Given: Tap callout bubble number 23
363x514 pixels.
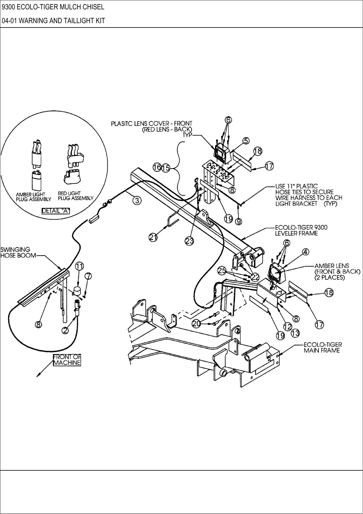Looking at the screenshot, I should click(x=190, y=241).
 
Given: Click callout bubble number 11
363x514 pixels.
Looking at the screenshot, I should click(x=80, y=266).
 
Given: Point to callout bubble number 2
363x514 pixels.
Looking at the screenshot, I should click(x=66, y=330).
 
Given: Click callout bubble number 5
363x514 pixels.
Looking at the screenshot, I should click(x=246, y=141).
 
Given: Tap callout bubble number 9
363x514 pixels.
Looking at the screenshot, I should click(x=239, y=222).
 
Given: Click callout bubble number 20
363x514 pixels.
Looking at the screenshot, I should click(x=197, y=323).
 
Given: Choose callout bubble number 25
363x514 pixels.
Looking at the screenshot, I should click(x=222, y=271).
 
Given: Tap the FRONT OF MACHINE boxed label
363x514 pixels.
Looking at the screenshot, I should click(x=67, y=360).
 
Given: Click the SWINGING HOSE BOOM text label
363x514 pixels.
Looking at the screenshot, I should click(x=18, y=252).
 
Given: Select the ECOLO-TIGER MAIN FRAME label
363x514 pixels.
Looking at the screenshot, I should click(x=323, y=347).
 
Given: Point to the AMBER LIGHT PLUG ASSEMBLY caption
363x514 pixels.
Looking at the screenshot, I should click(x=33, y=197).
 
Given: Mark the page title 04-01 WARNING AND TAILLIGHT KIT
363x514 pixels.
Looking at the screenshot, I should click(x=53, y=21).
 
